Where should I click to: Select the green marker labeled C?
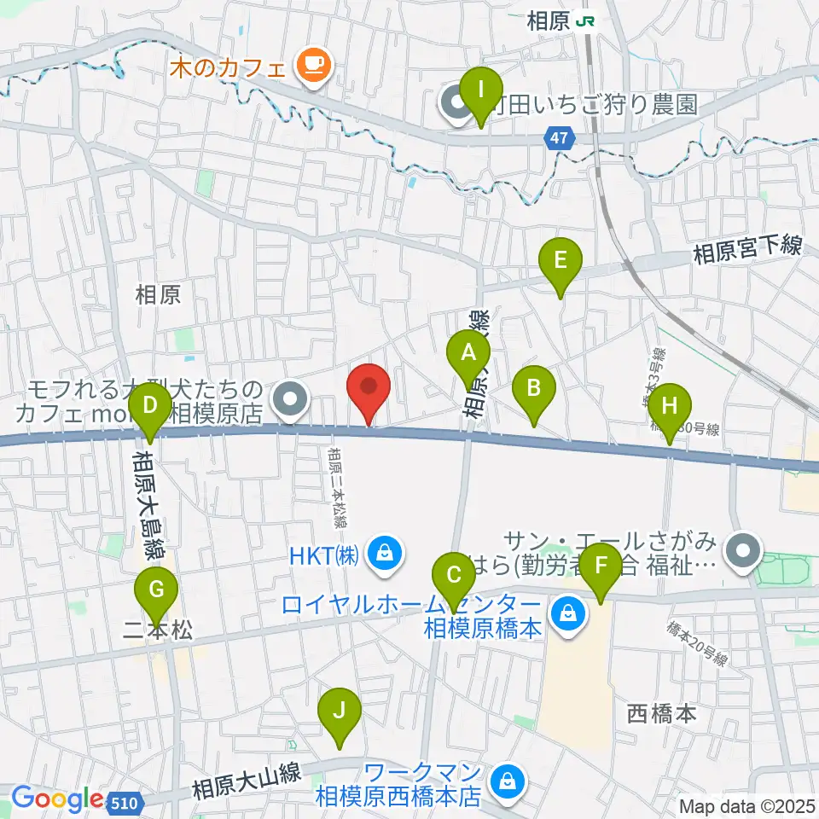tap(453, 576)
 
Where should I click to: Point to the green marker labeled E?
tap(560, 261)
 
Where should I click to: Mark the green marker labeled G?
tap(156, 590)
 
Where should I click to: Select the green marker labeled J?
tap(340, 712)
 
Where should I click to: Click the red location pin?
tap(369, 388)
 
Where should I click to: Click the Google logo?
tap(56, 799)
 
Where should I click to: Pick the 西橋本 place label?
tap(662, 712)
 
